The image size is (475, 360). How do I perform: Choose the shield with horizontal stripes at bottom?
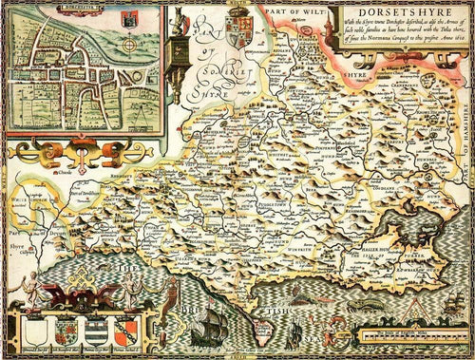tap(99, 334)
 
